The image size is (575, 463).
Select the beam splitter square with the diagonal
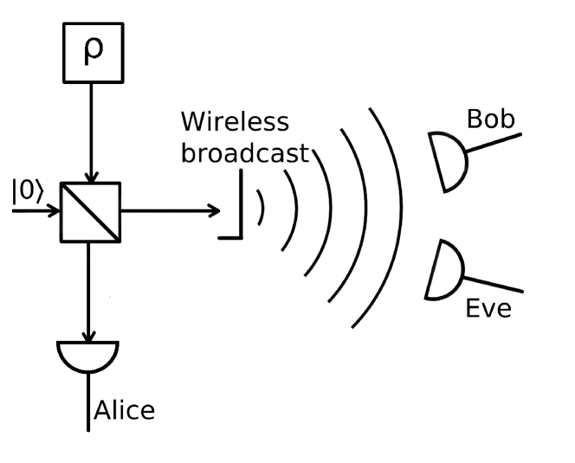pos(90,210)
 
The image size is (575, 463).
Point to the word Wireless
pos(235,121)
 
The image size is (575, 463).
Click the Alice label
pos(124,409)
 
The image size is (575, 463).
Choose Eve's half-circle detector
pos(447,269)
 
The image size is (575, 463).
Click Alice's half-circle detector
pos(87,355)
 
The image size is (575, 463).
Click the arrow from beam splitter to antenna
pos(169,210)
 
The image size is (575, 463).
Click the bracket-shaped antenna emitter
pos(234,211)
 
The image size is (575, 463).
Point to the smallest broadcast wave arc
pos(261,210)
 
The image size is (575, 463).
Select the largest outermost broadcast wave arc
pos(392,216)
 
